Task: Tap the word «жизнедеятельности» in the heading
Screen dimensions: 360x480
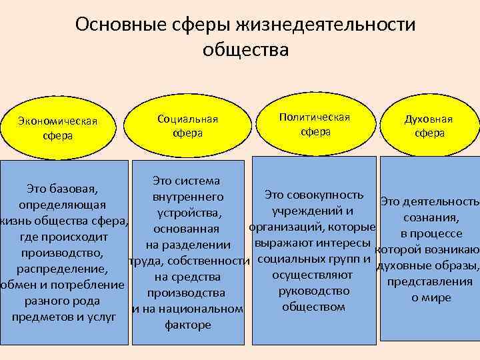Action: pos(324,25)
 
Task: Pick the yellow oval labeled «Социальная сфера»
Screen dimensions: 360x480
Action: pos(187,125)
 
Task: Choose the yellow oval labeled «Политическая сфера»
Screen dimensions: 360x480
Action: pos(315,124)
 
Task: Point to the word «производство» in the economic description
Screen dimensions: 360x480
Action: pos(62,253)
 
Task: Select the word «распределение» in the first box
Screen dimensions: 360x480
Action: pos(62,269)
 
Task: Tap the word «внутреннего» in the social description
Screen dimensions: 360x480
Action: pos(187,197)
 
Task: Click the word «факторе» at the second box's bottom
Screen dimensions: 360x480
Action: pos(187,325)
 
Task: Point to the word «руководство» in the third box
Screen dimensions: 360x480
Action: pos(314,291)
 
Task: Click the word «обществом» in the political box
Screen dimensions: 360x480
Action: pos(313,307)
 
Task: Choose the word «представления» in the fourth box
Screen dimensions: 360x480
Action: pos(430,281)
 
